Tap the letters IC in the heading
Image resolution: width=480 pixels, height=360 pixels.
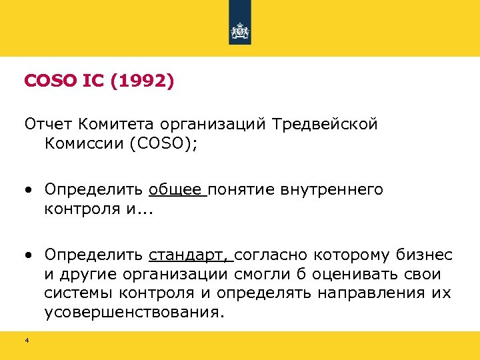point(93,81)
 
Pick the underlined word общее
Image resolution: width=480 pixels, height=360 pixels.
point(176,190)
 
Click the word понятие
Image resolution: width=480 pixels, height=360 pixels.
point(240,190)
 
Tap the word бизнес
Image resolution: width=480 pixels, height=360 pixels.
point(424,255)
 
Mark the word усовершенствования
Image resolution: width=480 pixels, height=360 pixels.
point(131,311)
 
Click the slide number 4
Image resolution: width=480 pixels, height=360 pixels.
point(27,341)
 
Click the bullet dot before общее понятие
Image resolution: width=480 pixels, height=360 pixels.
point(29,191)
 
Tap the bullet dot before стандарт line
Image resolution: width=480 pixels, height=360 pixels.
point(29,256)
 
